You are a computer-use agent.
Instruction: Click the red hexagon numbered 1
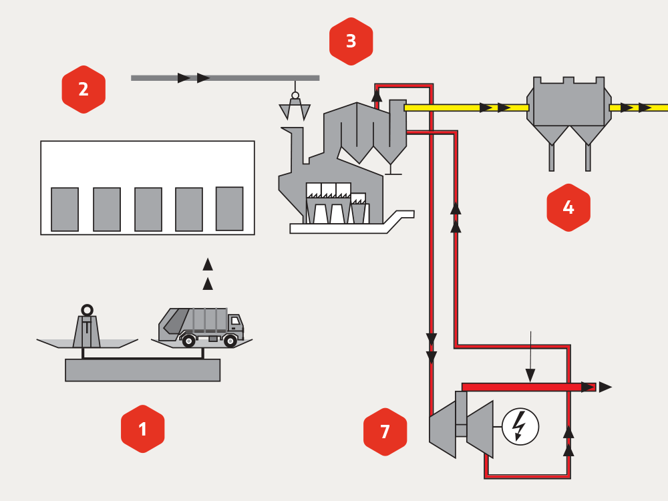[x=142, y=429]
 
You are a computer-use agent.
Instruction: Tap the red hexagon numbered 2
[x=83, y=90]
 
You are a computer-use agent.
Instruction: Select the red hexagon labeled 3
[x=351, y=41]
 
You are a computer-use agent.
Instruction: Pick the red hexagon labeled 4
[x=568, y=208]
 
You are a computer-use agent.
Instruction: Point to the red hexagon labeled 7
[x=385, y=432]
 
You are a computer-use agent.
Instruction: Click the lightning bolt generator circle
[x=520, y=426]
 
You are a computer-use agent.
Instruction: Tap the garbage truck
[x=200, y=326]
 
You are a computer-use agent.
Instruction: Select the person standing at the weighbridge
[x=87, y=327]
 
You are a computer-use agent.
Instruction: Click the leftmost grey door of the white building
[x=65, y=209]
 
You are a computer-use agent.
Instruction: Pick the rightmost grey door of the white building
[x=229, y=208]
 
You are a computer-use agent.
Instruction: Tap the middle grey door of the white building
[x=148, y=209]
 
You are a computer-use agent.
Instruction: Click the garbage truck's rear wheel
[x=189, y=341]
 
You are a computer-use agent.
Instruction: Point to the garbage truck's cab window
[x=235, y=321]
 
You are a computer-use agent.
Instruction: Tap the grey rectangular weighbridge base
[x=142, y=370]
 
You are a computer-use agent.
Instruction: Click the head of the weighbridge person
[x=87, y=310]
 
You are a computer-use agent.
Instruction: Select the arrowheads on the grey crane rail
[x=194, y=78]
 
